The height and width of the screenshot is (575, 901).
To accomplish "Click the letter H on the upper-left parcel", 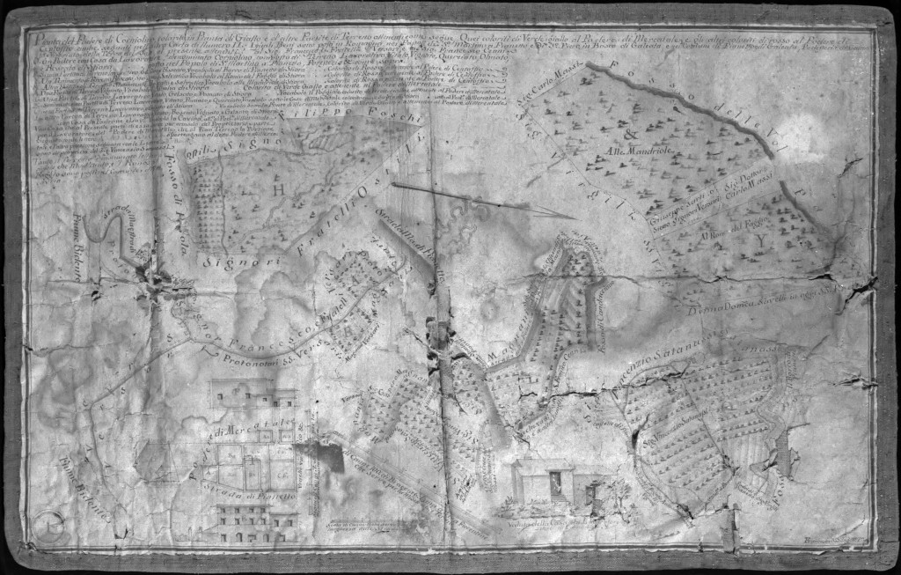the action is click(253, 188).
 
